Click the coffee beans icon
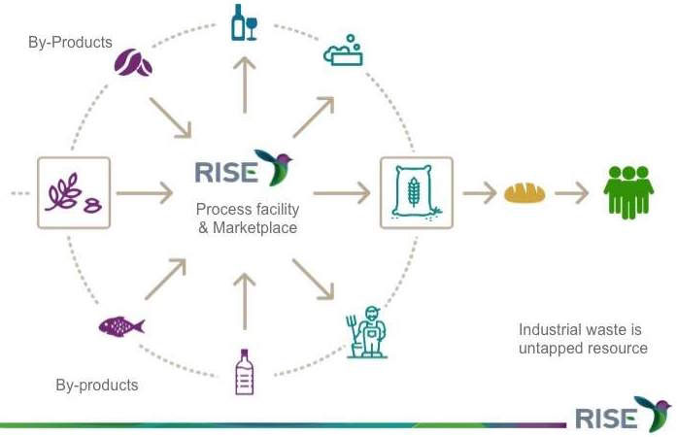[133, 63]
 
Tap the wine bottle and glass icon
[244, 23]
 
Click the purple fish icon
[120, 326]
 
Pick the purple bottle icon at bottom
[244, 372]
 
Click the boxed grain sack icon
[417, 192]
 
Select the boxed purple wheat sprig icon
[74, 192]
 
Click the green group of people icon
[627, 191]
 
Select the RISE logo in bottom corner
[622, 416]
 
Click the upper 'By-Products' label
[71, 43]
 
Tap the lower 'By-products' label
[96, 385]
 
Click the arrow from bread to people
[572, 192]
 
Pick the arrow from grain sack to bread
[479, 192]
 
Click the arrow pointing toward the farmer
[313, 277]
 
